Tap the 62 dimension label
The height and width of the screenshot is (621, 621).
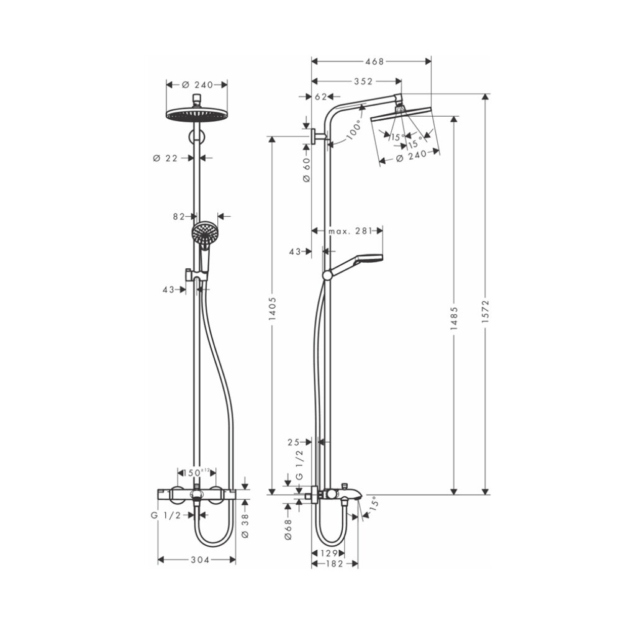pyautogui.click(x=321, y=97)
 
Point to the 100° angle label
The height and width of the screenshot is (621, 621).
pyautogui.click(x=355, y=129)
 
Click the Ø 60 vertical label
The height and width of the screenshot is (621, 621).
pyautogui.click(x=306, y=169)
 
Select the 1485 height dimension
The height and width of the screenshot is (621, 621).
pyautogui.click(x=455, y=315)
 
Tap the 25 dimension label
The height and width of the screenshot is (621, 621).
pyautogui.click(x=295, y=442)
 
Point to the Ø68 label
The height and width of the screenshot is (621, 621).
pyautogui.click(x=288, y=530)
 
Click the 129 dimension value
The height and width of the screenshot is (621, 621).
pyautogui.click(x=329, y=553)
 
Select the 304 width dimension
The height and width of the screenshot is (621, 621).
pyautogui.click(x=197, y=560)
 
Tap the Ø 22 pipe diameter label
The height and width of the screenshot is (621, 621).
pyautogui.click(x=165, y=158)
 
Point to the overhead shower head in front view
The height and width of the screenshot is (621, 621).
pyautogui.click(x=197, y=114)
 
